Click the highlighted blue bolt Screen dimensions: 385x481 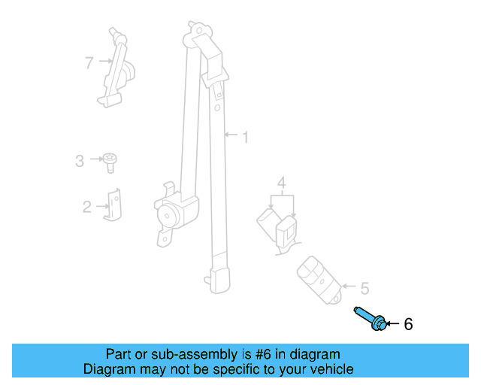(x=372, y=318)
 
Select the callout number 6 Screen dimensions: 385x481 (x=408, y=325)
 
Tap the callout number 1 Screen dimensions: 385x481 (x=244, y=137)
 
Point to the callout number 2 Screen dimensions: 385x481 (x=87, y=206)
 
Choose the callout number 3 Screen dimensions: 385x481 (x=80, y=159)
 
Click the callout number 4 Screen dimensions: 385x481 (x=281, y=182)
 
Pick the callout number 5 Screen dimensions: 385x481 (x=365, y=287)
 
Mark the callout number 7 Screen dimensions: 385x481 (x=89, y=62)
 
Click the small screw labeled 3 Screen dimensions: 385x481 (x=109, y=161)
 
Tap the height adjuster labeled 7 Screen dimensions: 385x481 (x=117, y=68)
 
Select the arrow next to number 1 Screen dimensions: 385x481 (x=231, y=137)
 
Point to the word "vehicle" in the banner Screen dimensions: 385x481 (x=330, y=369)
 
